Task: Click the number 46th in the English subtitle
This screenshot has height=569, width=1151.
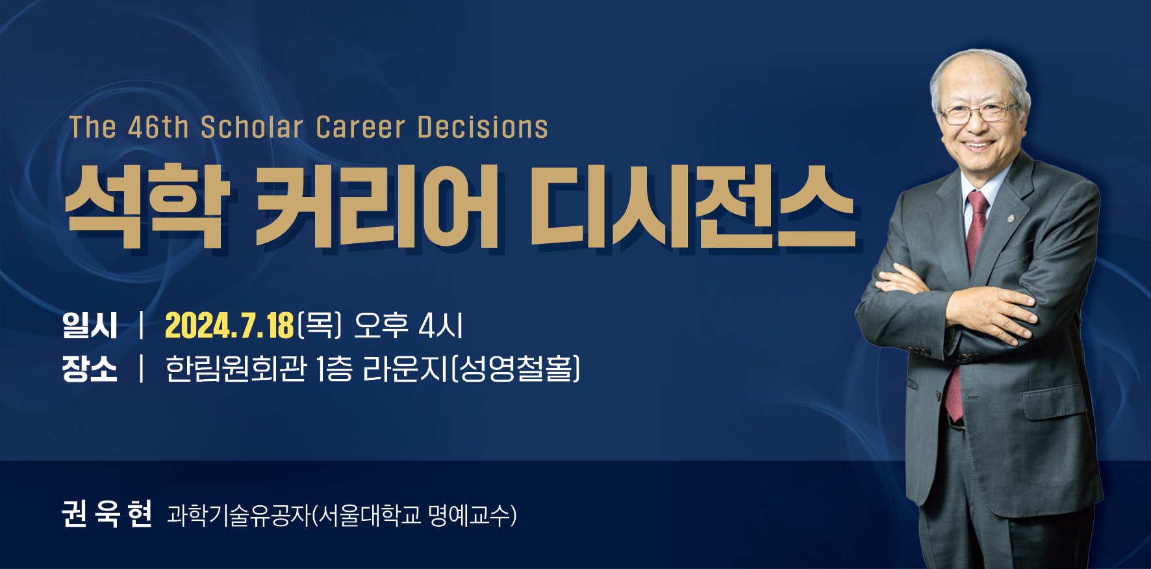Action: coord(158,127)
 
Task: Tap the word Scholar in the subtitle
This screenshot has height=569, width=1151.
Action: coord(252,127)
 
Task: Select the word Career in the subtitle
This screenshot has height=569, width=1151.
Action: coord(360,127)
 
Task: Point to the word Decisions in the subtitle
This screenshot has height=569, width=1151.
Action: coord(483,127)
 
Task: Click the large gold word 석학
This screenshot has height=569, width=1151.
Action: coord(148,206)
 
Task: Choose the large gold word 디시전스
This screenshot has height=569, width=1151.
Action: coord(692,206)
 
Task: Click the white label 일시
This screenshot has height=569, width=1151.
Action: coord(90,325)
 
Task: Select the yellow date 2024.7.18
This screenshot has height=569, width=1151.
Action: coord(229,325)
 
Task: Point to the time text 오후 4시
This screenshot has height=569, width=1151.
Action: coord(408,325)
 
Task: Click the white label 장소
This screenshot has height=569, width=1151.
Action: coord(90,369)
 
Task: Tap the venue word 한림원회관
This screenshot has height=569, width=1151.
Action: coord(236,369)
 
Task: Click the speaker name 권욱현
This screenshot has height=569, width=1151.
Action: coord(107,514)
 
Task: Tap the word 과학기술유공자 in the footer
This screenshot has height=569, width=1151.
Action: coord(239,515)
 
